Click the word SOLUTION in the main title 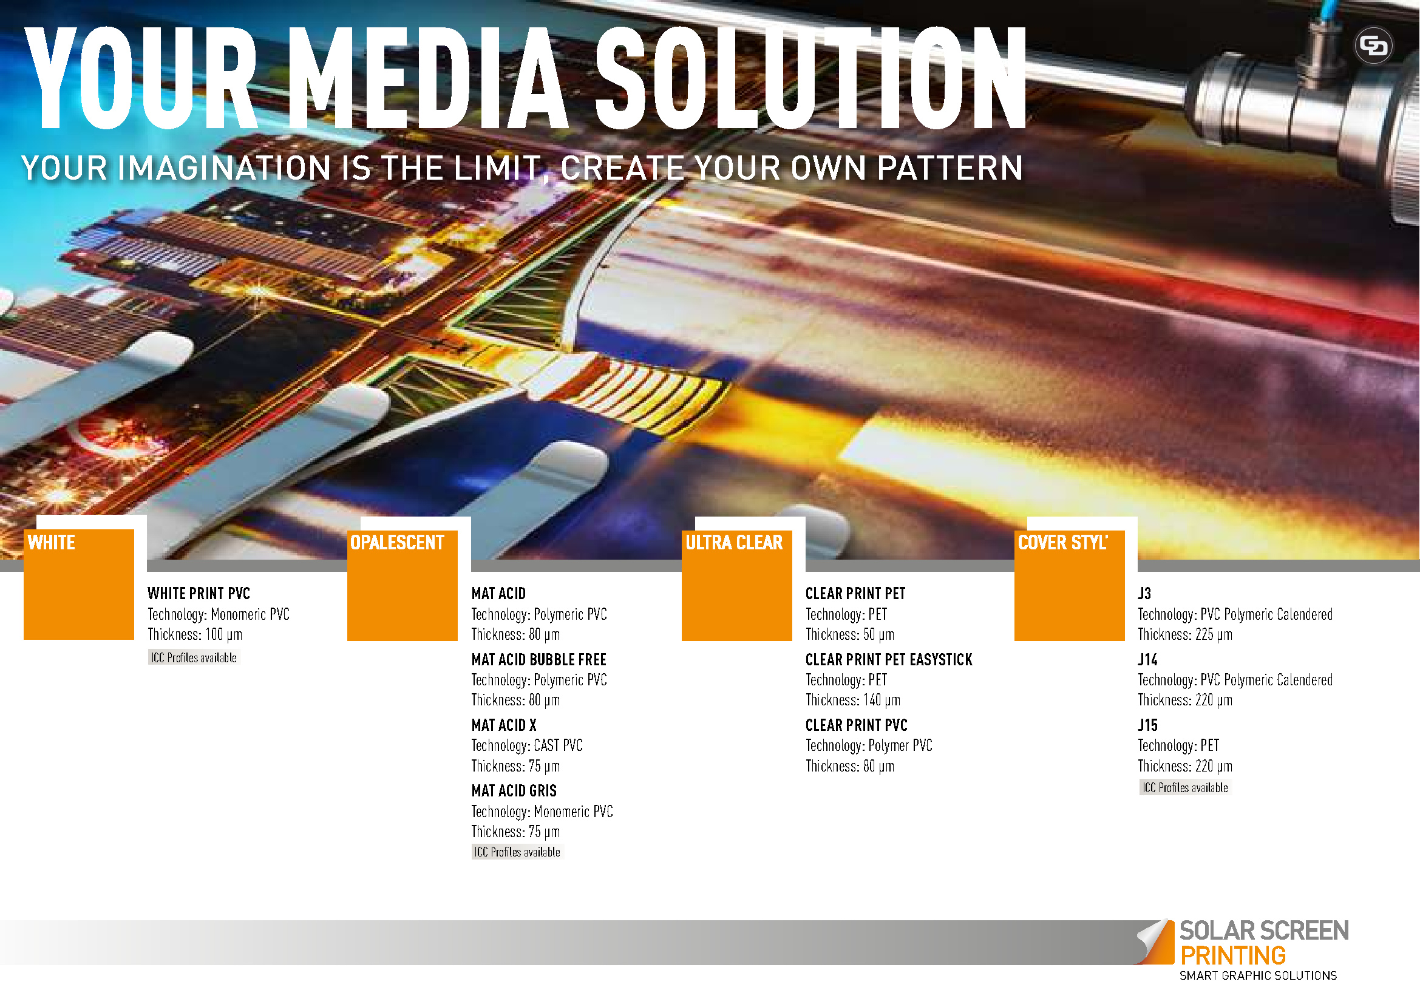(x=811, y=78)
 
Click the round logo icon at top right (x=1373, y=46)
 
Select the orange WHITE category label (x=52, y=543)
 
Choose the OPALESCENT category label (x=397, y=543)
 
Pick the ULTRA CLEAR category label (x=734, y=543)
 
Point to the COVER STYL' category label (x=1062, y=543)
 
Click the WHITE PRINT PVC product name (x=199, y=594)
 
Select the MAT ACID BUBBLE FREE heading (x=538, y=660)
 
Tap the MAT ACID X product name (x=504, y=725)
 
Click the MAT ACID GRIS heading (x=514, y=791)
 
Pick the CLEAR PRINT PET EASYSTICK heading (x=889, y=660)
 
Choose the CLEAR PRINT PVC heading (x=857, y=725)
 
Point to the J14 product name (x=1148, y=660)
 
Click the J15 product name (x=1148, y=725)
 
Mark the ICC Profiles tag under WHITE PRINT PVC (x=194, y=658)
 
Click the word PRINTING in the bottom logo (x=1232, y=956)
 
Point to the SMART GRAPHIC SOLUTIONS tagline (x=1258, y=976)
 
